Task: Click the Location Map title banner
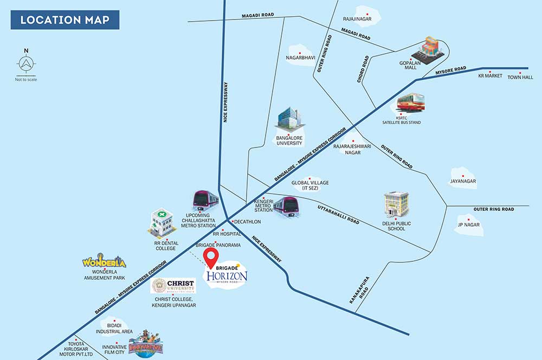pos(65,20)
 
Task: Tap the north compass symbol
pos(26,63)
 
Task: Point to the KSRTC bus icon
pos(410,102)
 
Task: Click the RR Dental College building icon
pos(162,223)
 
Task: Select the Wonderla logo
pos(104,261)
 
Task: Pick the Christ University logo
pos(173,286)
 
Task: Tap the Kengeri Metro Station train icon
pos(287,207)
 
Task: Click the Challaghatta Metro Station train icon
pos(205,200)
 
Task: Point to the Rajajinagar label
pos(357,19)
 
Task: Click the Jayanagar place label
pos(463,181)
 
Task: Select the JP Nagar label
pos(469,225)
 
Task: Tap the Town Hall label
pos(520,78)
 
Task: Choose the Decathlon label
pos(248,222)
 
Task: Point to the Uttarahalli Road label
pos(338,214)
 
